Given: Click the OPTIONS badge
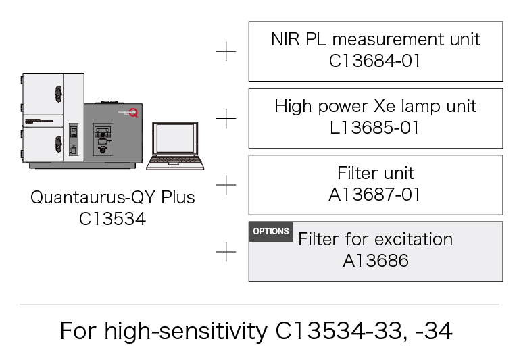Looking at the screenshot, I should pyautogui.click(x=270, y=231).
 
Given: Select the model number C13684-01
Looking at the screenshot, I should pyautogui.click(x=375, y=61).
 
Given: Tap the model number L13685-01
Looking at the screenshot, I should pyautogui.click(x=375, y=128).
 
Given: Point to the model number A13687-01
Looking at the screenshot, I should pyautogui.click(x=375, y=195).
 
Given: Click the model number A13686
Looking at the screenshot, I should pyautogui.click(x=375, y=261).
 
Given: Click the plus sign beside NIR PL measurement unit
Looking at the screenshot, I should pyautogui.click(x=226, y=52).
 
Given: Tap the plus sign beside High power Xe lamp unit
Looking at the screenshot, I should pyautogui.click(x=226, y=119).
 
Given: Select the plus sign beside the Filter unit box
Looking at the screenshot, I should pyautogui.click(x=226, y=184).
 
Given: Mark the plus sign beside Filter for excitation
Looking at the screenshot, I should pyautogui.click(x=226, y=252).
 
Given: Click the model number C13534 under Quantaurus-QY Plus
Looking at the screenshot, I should pyautogui.click(x=112, y=219).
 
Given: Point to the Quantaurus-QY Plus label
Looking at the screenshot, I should pyautogui.click(x=112, y=198).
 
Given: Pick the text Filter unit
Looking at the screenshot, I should pyautogui.click(x=375, y=173).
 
